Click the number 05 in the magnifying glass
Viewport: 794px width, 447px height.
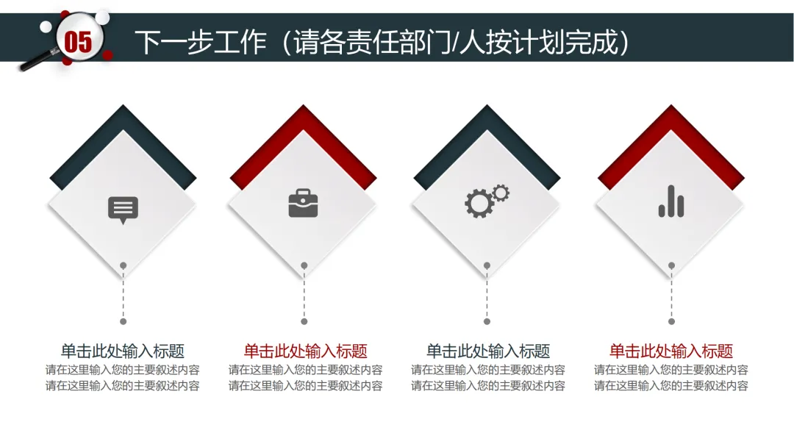(78, 41)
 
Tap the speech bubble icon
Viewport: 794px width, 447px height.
(123, 209)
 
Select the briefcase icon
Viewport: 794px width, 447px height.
(303, 204)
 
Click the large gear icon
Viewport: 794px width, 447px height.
(479, 203)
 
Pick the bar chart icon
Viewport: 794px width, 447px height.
(671, 201)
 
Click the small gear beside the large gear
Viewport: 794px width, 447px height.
(501, 193)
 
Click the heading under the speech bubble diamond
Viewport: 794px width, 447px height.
(123, 351)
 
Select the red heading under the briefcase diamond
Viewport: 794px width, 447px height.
(305, 351)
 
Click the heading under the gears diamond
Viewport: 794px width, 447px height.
(488, 351)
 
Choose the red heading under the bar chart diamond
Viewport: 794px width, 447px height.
(671, 351)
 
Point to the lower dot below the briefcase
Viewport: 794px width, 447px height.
(304, 321)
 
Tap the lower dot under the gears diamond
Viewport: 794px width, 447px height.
(487, 321)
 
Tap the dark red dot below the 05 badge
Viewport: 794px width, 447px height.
(107, 54)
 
